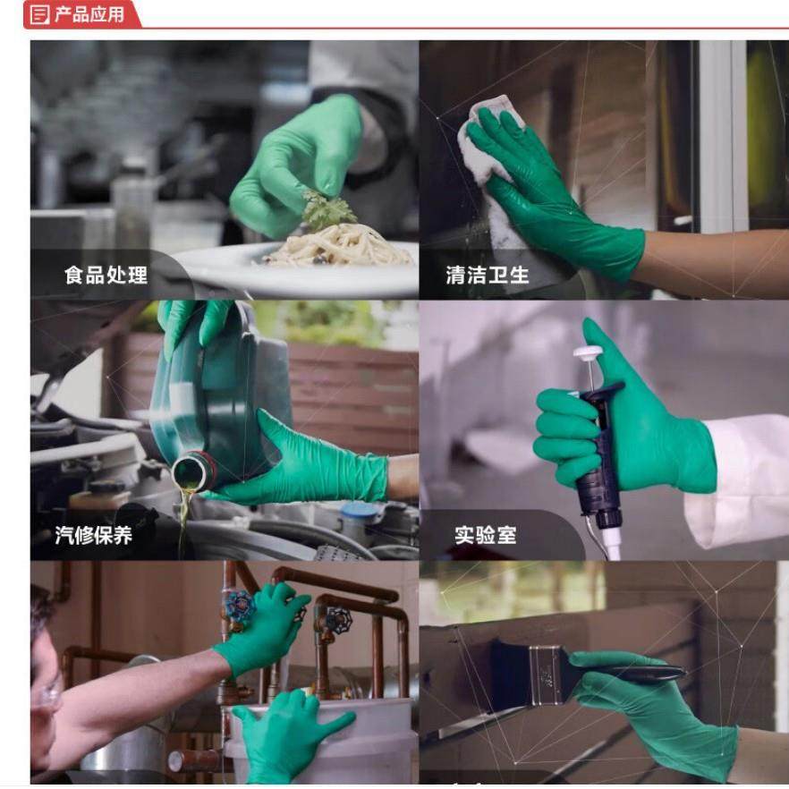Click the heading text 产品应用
(89, 14)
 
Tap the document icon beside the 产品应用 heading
(40, 14)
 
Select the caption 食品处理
(106, 275)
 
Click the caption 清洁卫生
(488, 275)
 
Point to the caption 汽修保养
(93, 535)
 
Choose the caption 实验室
(485, 535)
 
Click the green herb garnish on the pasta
(327, 209)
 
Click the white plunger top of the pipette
(587, 353)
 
